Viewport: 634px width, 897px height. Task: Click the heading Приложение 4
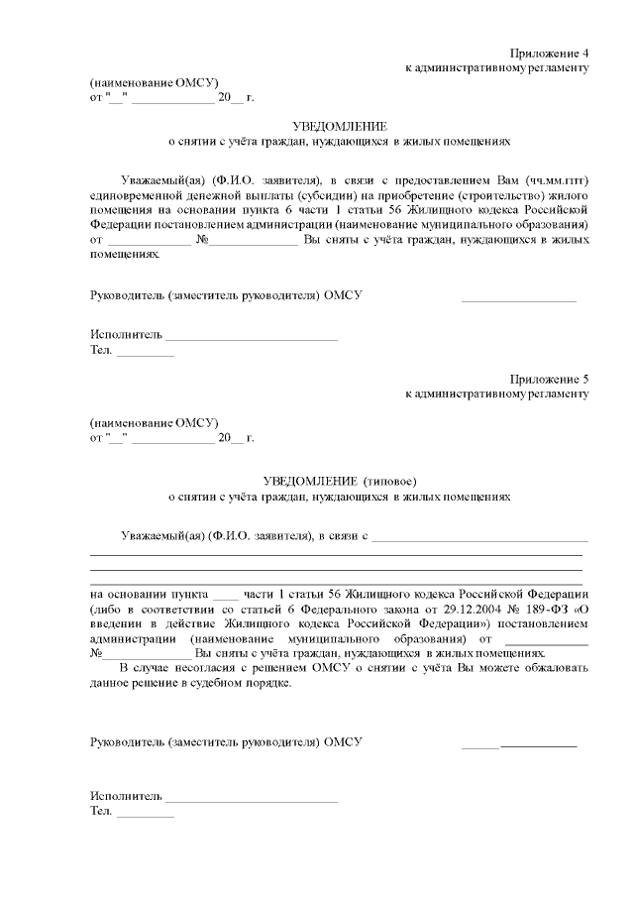coord(550,52)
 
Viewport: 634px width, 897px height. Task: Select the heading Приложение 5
coord(550,379)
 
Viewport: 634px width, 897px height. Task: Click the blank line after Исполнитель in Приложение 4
coord(252,337)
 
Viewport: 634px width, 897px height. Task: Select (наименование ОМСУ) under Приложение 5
coord(154,421)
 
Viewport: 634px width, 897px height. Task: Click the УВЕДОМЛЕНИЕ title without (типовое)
coord(339,126)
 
